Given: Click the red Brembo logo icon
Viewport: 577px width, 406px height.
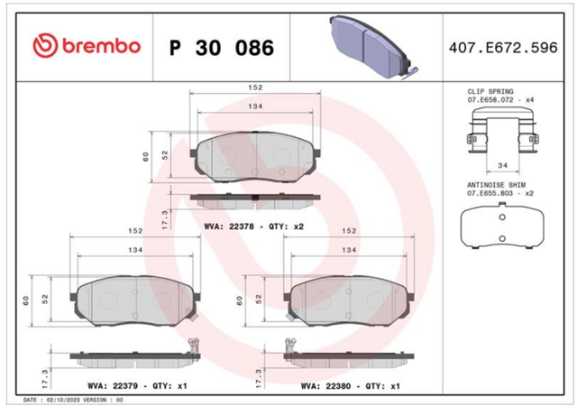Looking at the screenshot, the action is click(x=45, y=46).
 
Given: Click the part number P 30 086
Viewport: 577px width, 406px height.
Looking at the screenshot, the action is click(x=222, y=48).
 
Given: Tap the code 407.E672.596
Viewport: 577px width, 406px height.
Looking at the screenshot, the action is click(x=503, y=48).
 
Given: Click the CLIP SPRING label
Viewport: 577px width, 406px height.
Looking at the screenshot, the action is click(x=490, y=91).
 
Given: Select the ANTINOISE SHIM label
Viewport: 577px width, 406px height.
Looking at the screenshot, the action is click(x=496, y=185).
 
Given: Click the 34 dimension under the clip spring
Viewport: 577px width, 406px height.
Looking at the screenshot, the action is click(x=503, y=165).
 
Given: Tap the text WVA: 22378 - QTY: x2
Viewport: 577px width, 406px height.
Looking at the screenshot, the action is click(x=254, y=226).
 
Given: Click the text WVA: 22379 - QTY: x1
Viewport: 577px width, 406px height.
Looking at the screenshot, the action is click(x=137, y=386).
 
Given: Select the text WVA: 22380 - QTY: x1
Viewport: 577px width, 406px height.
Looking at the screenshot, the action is click(x=351, y=386).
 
